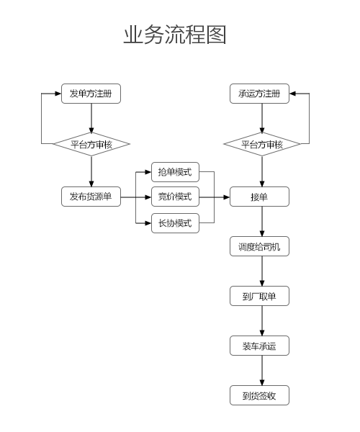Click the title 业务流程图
click(175, 35)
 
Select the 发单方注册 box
click(91, 94)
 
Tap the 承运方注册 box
click(259, 94)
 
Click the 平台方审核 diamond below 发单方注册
click(91, 144)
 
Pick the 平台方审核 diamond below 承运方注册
click(262, 144)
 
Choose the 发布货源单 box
click(91, 197)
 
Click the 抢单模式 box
click(175, 172)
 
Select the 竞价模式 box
click(175, 197)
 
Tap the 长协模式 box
click(175, 223)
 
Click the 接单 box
click(259, 197)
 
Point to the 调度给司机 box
click(259, 246)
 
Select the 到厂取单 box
click(259, 296)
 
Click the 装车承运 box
click(259, 346)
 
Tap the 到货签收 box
click(259, 395)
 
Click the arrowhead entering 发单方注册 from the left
click(58, 94)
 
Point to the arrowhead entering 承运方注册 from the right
click(292, 94)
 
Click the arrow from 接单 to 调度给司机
click(262, 222)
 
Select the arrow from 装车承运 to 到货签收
click(262, 371)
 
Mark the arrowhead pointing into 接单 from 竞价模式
click(227, 197)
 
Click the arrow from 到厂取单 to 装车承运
click(262, 320)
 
